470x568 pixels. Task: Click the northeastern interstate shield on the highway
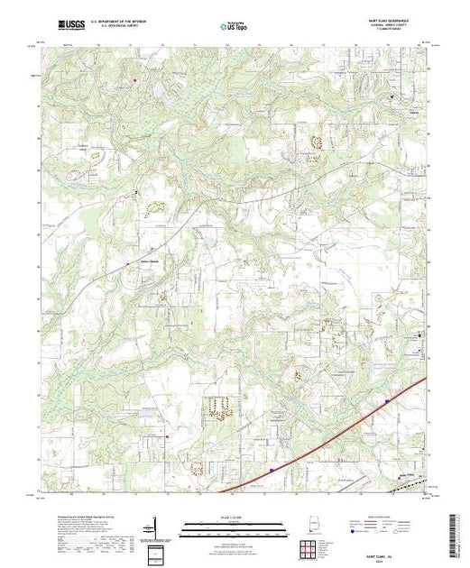(387, 401)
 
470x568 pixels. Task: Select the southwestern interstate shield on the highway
(271, 470)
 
